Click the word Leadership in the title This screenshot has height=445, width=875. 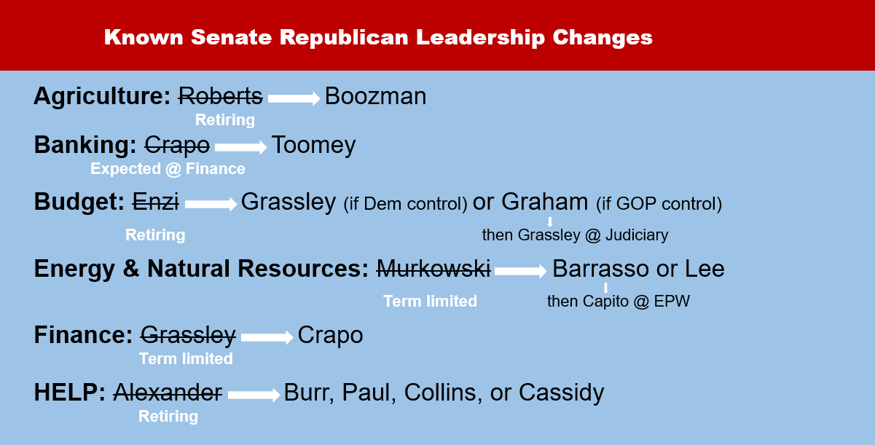480,38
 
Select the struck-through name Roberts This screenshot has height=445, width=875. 221,96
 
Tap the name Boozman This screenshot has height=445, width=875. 375,96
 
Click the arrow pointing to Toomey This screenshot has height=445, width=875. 241,147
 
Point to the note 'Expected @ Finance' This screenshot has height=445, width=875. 168,169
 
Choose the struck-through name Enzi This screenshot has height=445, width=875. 155,202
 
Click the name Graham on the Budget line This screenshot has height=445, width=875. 544,202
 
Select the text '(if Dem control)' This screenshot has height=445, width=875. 406,204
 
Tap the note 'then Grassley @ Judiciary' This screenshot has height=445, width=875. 575,235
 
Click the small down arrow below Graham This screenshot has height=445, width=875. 550,221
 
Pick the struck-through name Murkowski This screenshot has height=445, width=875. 433,269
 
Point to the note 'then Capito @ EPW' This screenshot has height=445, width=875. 619,302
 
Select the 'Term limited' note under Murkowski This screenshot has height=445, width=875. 430,302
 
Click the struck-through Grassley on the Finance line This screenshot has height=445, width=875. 188,336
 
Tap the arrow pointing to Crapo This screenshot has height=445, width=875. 267,337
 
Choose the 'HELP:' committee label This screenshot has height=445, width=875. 70,393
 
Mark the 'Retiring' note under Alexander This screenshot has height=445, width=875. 168,417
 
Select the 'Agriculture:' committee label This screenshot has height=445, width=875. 102,97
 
